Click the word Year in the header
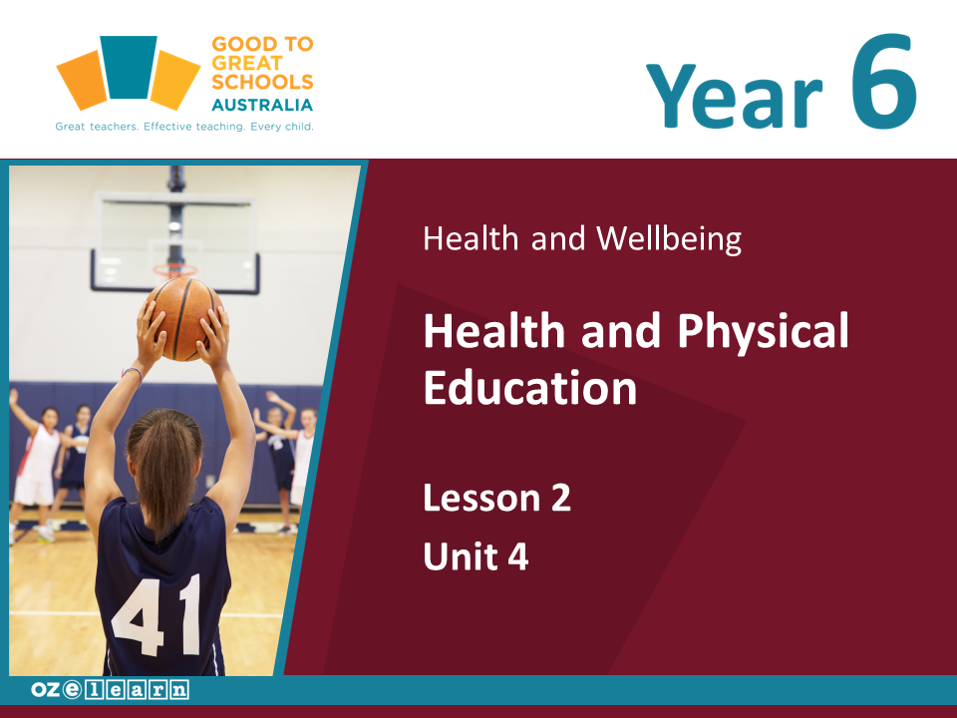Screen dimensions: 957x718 pos(735,96)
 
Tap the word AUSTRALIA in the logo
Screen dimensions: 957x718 pos(262,105)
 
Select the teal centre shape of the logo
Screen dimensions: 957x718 pos(129,67)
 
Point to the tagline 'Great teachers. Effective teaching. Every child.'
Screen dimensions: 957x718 pos(184,127)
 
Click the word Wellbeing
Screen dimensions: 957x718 pos(669,238)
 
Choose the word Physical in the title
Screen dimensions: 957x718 pos(763,332)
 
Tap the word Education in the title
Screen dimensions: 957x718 pos(529,388)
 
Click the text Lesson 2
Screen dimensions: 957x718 pos(496,498)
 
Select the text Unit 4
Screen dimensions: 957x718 pos(476,556)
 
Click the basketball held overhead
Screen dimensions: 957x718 pos(183,317)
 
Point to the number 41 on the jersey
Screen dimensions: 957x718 pos(158,615)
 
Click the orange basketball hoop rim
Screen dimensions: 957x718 pos(174,268)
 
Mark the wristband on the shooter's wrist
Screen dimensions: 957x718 pos(133,372)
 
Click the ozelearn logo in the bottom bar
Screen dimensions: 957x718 pos(110,690)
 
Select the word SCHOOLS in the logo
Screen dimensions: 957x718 pos(262,82)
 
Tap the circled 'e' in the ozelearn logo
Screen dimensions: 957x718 pos(72,690)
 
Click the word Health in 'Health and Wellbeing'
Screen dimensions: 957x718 pos(471,238)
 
